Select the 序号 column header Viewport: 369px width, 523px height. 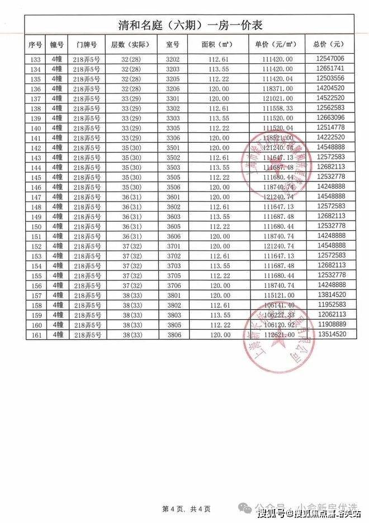tap(35, 44)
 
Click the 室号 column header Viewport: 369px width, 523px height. tap(172, 44)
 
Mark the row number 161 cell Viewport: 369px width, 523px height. tap(35, 335)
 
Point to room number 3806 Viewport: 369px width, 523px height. tap(172, 335)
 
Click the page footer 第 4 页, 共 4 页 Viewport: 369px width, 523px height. tap(186, 509)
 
